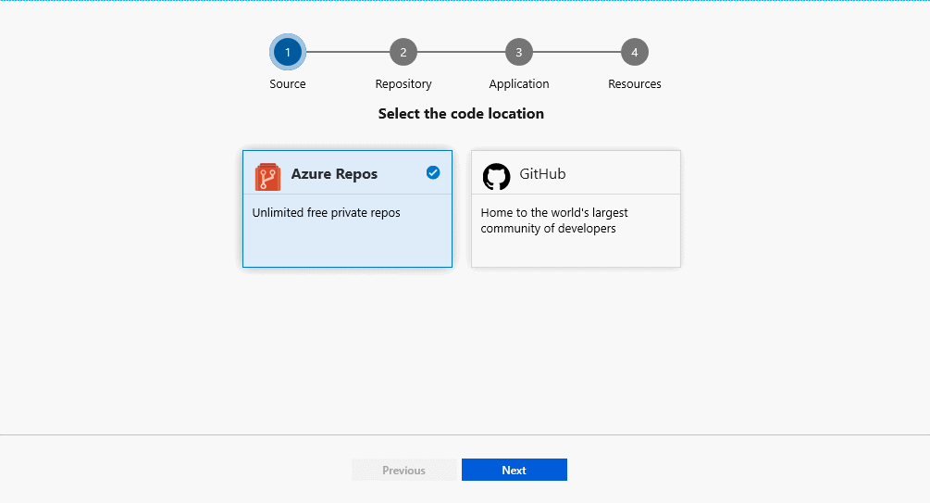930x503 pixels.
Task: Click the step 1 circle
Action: click(x=288, y=53)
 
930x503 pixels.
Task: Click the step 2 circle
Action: click(x=403, y=53)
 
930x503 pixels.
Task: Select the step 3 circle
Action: click(x=519, y=53)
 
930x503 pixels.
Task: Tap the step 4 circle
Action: click(x=635, y=53)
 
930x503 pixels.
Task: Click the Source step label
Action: click(x=288, y=84)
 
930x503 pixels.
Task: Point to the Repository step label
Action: click(x=403, y=84)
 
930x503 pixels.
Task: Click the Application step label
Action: click(x=519, y=84)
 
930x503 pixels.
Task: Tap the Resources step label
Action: click(x=635, y=84)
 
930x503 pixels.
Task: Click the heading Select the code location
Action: click(x=461, y=114)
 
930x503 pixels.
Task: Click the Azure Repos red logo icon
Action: click(x=267, y=176)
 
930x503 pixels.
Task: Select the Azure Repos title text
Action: click(x=334, y=174)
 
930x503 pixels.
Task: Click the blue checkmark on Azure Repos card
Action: click(x=433, y=172)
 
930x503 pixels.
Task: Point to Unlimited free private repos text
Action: click(x=327, y=213)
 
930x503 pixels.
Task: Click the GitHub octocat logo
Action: click(x=497, y=176)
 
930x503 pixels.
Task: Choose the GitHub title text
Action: click(x=542, y=174)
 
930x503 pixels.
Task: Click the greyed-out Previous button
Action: click(x=404, y=471)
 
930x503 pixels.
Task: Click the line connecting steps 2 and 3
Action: click(x=461, y=53)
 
